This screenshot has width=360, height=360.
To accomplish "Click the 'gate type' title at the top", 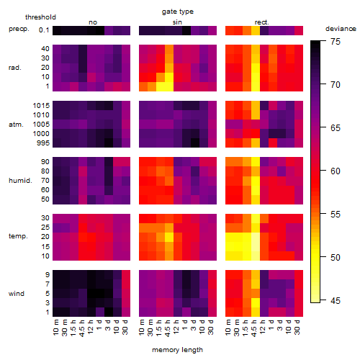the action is point(178,12).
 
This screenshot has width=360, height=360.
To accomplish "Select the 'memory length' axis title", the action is point(177,350).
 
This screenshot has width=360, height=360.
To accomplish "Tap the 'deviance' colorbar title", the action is point(341,29).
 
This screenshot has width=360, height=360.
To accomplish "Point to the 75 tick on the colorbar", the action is point(336,42).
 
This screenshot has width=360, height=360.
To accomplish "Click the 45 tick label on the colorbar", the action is point(336,300).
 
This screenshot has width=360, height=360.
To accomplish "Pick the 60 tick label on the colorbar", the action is point(336,171).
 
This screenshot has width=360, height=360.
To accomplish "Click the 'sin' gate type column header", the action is point(177,22).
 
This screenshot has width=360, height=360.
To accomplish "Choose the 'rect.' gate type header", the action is point(262,22).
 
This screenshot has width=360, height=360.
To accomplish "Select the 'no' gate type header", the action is point(93,22).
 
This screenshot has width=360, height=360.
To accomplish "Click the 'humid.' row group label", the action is point(20,181).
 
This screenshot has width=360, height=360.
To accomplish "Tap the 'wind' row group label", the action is point(17,294).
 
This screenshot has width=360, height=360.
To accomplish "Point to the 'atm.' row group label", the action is point(16,125).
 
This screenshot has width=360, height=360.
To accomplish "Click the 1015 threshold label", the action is point(41,106).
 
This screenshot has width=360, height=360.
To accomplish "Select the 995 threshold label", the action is point(43,143).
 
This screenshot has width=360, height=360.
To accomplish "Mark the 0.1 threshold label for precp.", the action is point(44,30).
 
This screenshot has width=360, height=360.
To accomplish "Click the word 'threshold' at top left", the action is point(40,17).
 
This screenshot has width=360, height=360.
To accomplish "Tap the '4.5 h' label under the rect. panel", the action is point(254,328).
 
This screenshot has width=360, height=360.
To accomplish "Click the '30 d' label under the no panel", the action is point(125,328).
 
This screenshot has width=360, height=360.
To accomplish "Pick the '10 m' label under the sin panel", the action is point(142,328).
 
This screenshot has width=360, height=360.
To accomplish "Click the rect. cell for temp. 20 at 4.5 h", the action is point(256,237).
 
